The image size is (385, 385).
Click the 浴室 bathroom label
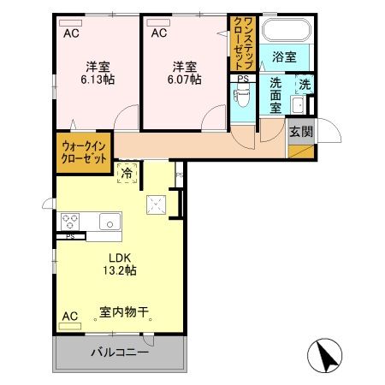tap(285, 57)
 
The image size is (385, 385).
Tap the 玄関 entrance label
tap(300, 133)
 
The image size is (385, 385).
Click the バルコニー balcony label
tap(120, 352)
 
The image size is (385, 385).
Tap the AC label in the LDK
tap(70, 317)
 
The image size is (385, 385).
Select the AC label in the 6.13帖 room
tap(71, 33)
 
